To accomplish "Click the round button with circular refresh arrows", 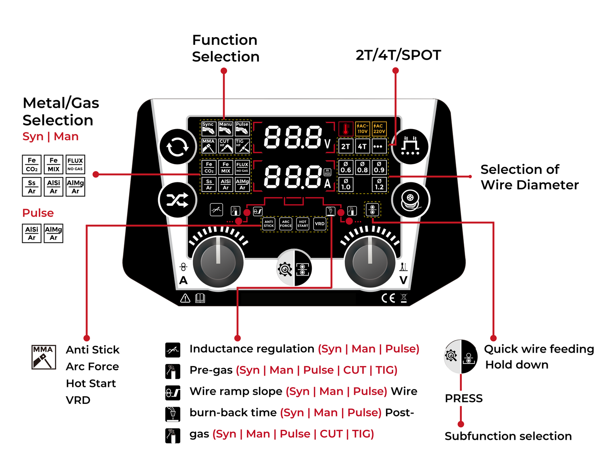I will (177, 147).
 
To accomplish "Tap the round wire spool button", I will (411, 200).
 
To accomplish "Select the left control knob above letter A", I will (218, 262).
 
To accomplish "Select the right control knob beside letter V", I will (370, 262).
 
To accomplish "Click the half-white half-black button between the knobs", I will (294, 268).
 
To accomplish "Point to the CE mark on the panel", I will (388, 298).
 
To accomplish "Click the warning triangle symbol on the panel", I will (185, 298).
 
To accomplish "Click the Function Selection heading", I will (225, 48).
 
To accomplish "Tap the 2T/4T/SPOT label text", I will (398, 55).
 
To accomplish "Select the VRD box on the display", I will (319, 224).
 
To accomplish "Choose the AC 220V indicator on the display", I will (379, 129).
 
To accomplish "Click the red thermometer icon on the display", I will (346, 129).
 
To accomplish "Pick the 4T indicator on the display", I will (362, 146).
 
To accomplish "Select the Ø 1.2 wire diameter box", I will (379, 184).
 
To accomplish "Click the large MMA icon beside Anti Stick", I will (44, 357).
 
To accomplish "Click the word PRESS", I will (463, 399).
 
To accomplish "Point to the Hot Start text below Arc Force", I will (91, 383).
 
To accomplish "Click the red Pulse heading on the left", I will (38, 213).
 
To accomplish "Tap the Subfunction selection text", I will (508, 436).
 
